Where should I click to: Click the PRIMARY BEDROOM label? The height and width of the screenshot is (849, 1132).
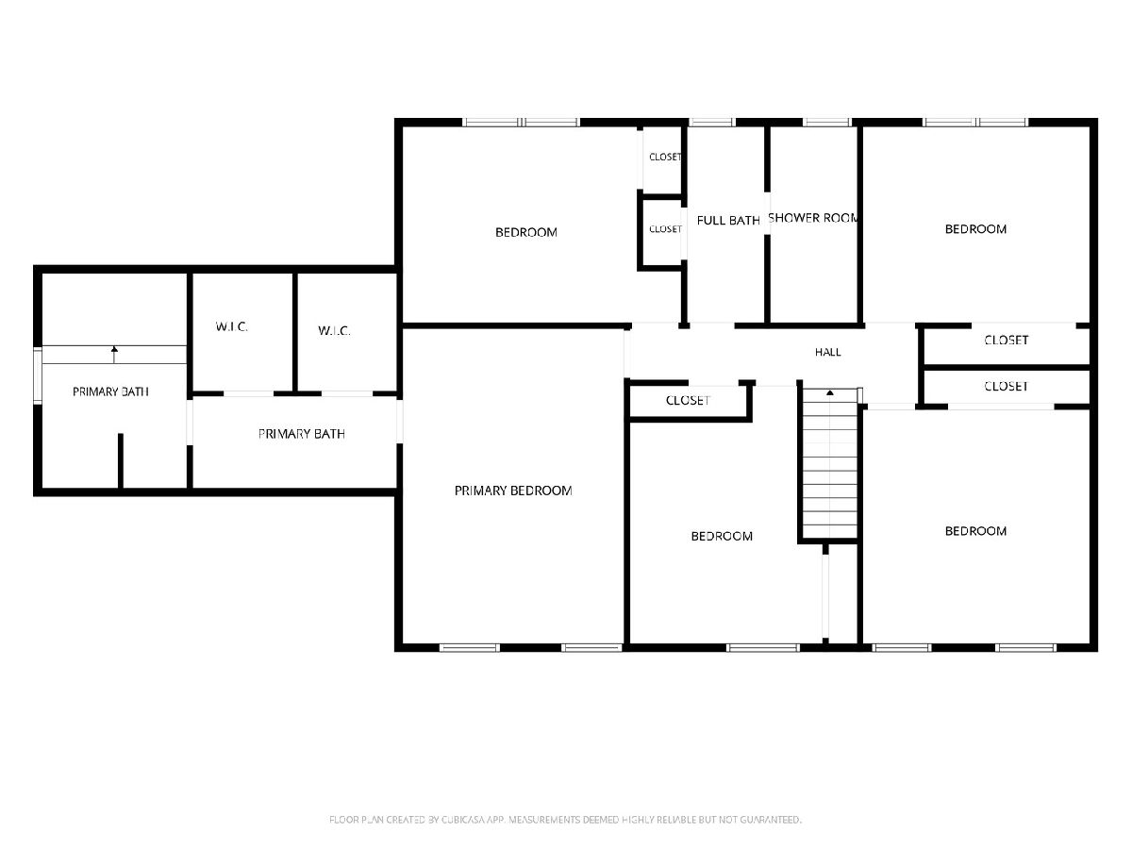[x=512, y=491]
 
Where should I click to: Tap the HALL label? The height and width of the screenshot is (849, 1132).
[x=827, y=352]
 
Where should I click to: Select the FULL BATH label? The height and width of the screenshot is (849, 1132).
[x=727, y=221]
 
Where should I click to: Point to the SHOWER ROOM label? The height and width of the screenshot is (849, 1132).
[x=812, y=218]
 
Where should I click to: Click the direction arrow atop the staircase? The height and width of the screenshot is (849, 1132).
[x=830, y=392]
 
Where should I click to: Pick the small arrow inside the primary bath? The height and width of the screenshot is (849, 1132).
[x=114, y=355]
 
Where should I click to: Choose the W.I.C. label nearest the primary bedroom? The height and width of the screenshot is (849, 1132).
[x=334, y=330]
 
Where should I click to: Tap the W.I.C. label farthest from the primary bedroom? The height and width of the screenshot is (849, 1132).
[x=231, y=326]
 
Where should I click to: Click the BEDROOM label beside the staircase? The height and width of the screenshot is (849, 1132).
[x=721, y=536]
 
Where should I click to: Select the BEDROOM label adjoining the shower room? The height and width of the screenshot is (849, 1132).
[x=975, y=229]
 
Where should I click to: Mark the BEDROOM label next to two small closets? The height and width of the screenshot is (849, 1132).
[x=525, y=232]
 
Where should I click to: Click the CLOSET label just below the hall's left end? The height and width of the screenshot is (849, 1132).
[x=688, y=400]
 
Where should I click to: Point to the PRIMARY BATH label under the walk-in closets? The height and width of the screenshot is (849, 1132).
[x=301, y=434]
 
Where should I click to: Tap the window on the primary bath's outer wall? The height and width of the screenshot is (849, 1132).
[x=38, y=375]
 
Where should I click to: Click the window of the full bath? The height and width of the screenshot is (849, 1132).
[x=711, y=123]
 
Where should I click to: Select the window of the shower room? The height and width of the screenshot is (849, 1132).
[x=826, y=123]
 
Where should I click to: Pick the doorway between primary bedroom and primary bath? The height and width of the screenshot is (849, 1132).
[x=399, y=421]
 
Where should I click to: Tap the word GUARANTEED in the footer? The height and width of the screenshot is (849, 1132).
[x=771, y=819]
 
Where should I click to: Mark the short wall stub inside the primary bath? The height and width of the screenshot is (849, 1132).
[x=120, y=460]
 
